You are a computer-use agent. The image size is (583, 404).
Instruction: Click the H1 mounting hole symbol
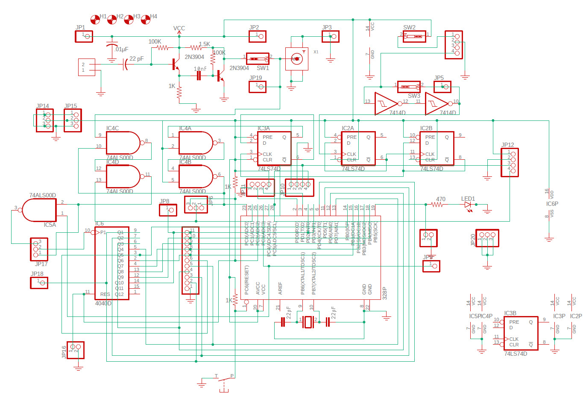pos(95,19)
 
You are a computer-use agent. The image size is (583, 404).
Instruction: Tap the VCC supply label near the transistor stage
pos(179,29)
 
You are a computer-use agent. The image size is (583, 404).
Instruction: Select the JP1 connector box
pos(84,36)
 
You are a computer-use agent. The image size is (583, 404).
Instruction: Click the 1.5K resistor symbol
pos(196,47)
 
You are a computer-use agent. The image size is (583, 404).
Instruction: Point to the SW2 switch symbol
pos(414,36)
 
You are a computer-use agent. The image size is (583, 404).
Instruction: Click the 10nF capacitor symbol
pos(199,76)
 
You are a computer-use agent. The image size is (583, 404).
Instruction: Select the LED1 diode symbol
pos(468,205)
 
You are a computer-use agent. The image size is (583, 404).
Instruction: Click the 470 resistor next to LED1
pos(437,205)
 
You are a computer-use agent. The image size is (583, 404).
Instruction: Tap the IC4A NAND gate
pos(195,143)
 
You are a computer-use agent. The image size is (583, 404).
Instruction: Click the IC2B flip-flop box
pos(437,148)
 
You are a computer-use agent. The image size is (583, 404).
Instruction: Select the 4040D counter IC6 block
pos(111,263)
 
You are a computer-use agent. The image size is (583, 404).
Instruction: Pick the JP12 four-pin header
pos(510,162)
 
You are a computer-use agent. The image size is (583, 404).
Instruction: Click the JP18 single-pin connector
pos(39,283)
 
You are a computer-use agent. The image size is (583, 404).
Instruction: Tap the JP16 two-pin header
pos(76,350)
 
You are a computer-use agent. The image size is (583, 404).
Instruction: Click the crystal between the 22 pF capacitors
pos(308,322)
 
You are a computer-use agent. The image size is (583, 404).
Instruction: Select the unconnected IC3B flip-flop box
pos(520,333)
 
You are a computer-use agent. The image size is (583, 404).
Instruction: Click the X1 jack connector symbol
pos(296,59)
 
